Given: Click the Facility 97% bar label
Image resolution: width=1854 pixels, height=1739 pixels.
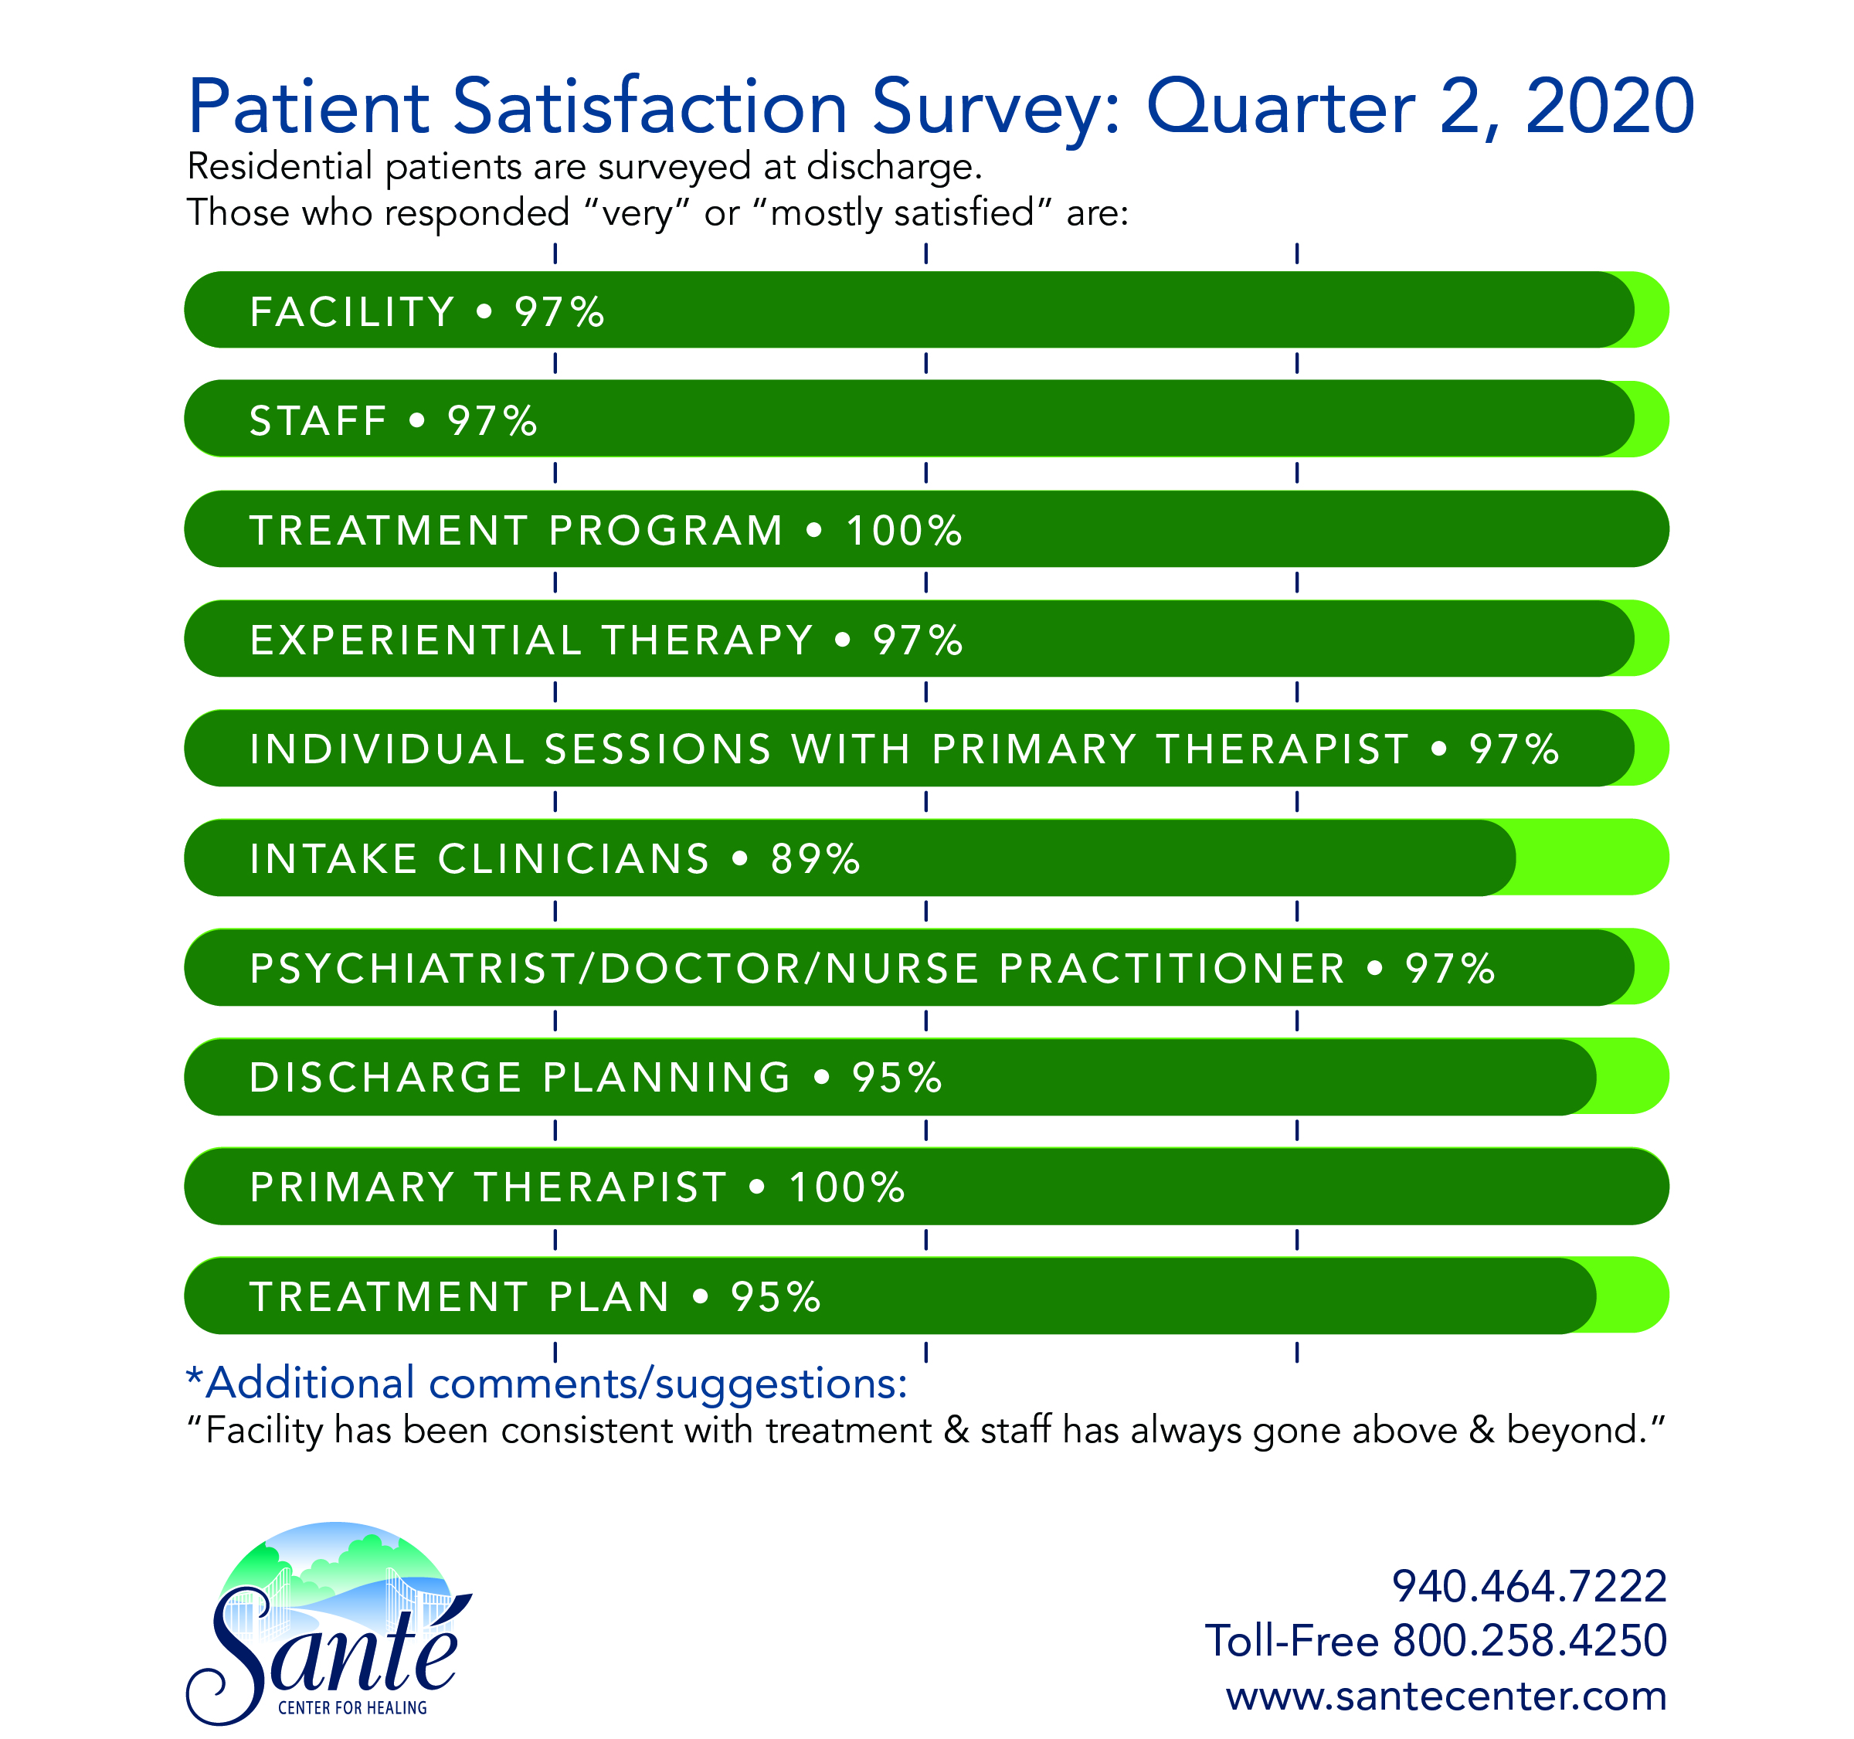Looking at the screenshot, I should [426, 311].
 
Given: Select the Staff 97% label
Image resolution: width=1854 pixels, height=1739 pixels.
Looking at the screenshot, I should [392, 420].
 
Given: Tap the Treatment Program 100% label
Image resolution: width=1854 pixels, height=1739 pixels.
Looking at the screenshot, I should [606, 531].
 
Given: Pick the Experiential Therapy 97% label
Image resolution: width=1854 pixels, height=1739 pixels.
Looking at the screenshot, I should [606, 640].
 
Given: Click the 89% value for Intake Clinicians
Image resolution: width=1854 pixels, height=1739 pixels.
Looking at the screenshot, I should [815, 859].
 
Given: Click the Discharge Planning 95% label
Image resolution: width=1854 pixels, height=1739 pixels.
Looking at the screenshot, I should [595, 1078].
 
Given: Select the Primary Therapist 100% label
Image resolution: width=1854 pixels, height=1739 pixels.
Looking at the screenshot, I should [577, 1187].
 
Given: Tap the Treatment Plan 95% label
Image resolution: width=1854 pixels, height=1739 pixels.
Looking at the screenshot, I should [535, 1297].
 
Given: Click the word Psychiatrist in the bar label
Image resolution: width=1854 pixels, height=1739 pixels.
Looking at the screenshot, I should [411, 968].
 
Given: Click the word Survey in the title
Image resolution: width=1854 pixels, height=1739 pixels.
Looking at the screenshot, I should [994, 108].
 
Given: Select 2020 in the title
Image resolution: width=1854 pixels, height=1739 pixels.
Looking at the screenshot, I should [1608, 107].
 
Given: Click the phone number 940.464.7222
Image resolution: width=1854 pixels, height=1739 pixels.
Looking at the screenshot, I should [1529, 1586].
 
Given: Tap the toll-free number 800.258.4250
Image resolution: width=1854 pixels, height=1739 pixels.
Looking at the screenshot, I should [1529, 1640].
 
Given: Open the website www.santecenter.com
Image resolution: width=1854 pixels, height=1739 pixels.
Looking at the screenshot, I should [1445, 1695].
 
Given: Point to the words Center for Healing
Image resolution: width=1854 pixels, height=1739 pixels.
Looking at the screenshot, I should [352, 1707].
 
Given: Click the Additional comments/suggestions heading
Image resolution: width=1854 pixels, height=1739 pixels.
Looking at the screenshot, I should [548, 1382].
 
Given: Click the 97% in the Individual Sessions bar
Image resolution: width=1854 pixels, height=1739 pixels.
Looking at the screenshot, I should [1513, 749].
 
